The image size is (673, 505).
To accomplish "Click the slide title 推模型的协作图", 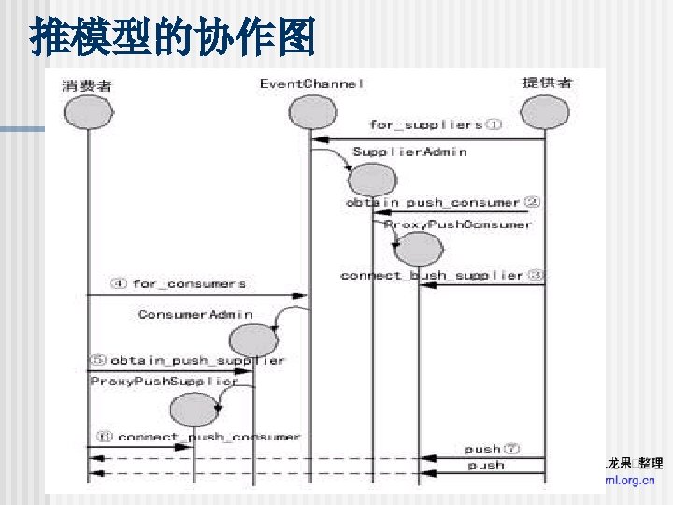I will (x=173, y=38).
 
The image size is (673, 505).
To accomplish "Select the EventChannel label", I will (x=311, y=84).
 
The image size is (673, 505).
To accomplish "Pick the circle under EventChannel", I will (x=311, y=112).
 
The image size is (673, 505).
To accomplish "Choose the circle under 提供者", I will (x=545, y=112).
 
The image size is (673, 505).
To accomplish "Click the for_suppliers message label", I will (x=435, y=124).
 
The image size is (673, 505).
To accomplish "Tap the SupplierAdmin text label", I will (x=409, y=151).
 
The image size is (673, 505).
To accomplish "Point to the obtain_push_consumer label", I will (x=443, y=202).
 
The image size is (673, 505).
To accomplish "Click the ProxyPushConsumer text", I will (x=458, y=224).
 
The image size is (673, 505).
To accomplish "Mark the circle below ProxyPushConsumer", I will (x=417, y=250).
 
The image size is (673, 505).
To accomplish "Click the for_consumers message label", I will (x=179, y=283).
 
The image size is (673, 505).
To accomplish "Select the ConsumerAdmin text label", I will (x=195, y=314).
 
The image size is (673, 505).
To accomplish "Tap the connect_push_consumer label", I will (x=198, y=437).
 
